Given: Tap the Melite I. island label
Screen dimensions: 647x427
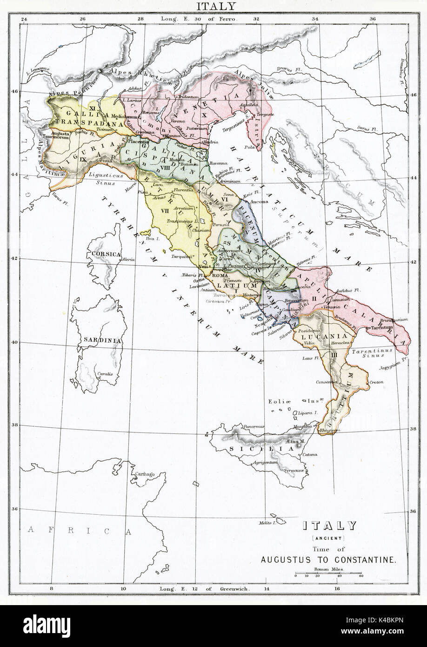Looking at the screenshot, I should (267, 523).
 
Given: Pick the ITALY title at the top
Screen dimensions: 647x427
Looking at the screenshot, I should (213, 6).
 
